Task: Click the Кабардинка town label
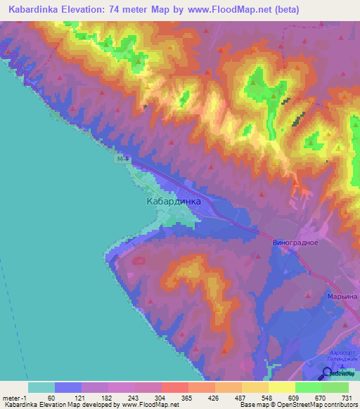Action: pos(173,201)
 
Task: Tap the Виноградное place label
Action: pos(295,242)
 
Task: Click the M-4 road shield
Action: pos(122,160)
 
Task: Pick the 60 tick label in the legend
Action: pos(51,398)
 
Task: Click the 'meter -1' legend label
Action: pos(15,398)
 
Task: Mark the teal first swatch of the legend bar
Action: pos(41,387)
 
